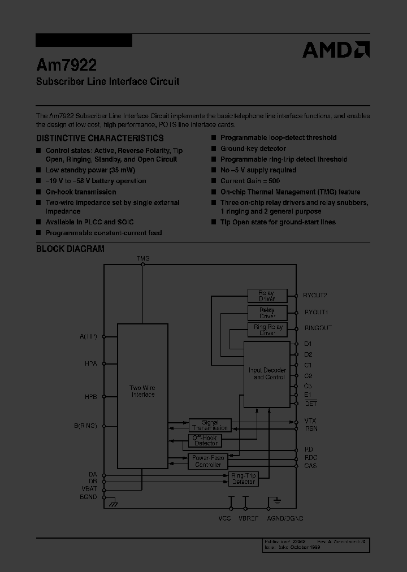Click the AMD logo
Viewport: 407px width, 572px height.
point(336,50)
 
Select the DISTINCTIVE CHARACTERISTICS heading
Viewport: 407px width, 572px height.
point(100,138)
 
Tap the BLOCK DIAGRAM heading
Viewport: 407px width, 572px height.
point(70,249)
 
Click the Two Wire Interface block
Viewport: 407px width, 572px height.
point(142,391)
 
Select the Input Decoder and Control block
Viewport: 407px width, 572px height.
point(267,374)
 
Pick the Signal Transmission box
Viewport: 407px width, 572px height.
point(210,425)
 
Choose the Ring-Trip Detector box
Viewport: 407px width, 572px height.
point(244,479)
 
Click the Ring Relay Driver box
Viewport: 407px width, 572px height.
point(267,330)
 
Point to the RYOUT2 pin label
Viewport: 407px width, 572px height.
point(315,295)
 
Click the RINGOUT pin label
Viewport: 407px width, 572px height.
point(318,328)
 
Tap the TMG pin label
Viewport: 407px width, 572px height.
point(143,258)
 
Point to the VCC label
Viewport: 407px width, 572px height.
point(224,518)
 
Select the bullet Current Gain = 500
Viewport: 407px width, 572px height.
point(250,181)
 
